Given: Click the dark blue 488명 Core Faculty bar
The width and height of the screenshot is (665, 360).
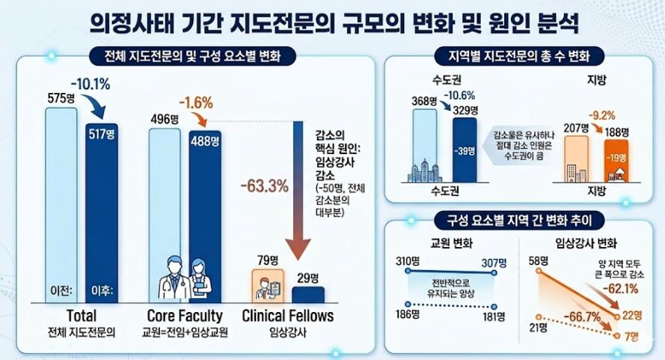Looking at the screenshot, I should tap(205, 217).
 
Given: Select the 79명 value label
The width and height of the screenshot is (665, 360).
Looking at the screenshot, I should tap(267, 260).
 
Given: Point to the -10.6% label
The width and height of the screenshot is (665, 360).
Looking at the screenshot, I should tap(462, 96).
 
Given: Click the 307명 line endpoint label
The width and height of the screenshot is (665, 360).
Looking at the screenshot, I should tap(494, 262).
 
